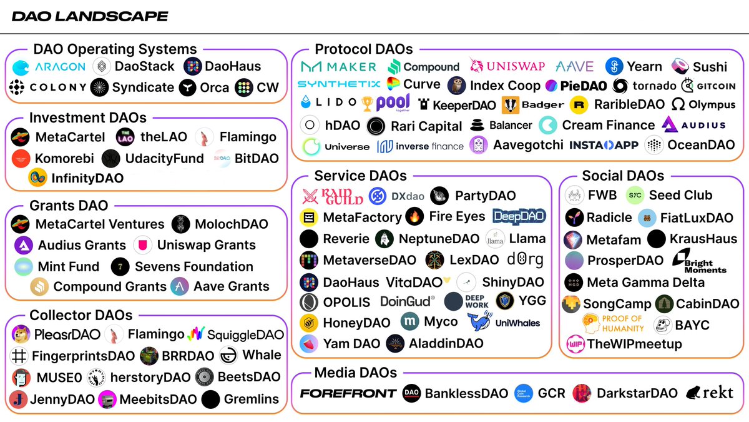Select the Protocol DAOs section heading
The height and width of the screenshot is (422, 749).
(x=363, y=49)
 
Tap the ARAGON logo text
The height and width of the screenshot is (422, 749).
(x=60, y=66)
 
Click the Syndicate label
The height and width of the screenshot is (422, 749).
(x=142, y=88)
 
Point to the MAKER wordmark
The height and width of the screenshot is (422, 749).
(x=348, y=66)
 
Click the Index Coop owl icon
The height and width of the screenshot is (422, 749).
(x=456, y=86)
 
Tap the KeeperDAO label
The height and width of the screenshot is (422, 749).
(x=464, y=105)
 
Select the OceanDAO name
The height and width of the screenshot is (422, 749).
(x=702, y=145)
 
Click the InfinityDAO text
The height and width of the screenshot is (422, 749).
(x=87, y=178)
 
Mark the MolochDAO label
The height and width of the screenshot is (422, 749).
(x=231, y=224)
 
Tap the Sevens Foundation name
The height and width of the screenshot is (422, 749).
(x=194, y=266)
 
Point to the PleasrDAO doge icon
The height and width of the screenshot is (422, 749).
(x=21, y=334)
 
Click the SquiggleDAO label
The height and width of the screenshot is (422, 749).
(x=245, y=335)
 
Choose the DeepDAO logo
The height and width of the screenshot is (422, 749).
(x=519, y=216)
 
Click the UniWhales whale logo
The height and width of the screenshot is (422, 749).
(x=479, y=321)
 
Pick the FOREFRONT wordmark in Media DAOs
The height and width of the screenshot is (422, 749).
(x=348, y=393)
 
